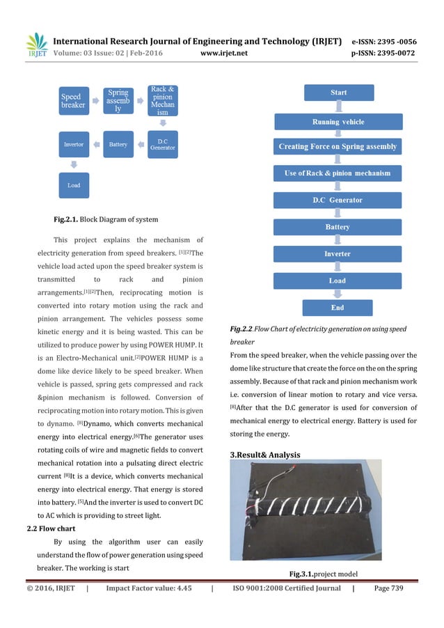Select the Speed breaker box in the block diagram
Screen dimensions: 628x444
click(x=73, y=102)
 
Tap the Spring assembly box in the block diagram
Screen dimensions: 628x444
click(x=118, y=102)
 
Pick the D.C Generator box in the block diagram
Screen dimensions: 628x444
click(x=163, y=144)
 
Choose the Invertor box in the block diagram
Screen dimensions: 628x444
click(x=73, y=144)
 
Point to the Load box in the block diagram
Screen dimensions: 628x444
click(x=73, y=185)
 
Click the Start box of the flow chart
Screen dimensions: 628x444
click(x=338, y=92)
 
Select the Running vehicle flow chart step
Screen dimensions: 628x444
click(x=338, y=121)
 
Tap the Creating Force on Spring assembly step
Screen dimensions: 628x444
click(x=338, y=146)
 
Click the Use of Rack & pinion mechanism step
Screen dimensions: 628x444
click(x=338, y=173)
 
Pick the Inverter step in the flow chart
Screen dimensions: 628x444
click(x=338, y=253)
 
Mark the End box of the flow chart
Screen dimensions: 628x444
click(x=338, y=307)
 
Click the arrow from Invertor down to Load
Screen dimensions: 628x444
click(x=73, y=164)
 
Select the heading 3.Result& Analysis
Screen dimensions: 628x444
click(x=274, y=454)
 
